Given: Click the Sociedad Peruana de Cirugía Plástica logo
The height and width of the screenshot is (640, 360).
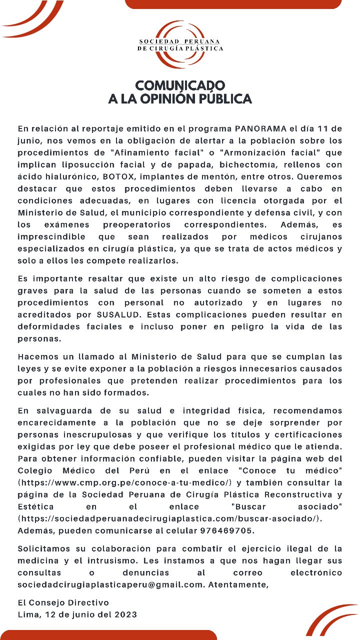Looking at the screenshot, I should pyautogui.click(x=180, y=44).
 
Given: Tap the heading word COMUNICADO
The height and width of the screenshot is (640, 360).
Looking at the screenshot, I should pyautogui.click(x=180, y=85).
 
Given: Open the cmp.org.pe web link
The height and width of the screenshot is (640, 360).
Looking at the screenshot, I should pyautogui.click(x=125, y=482).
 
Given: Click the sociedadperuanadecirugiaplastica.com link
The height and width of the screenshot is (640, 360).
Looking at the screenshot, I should pyautogui.click(x=170, y=518).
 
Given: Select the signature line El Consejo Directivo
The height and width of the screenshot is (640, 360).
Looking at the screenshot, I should pyautogui.click(x=63, y=602).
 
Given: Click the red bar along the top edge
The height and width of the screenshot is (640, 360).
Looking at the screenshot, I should pyautogui.click(x=233, y=4).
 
